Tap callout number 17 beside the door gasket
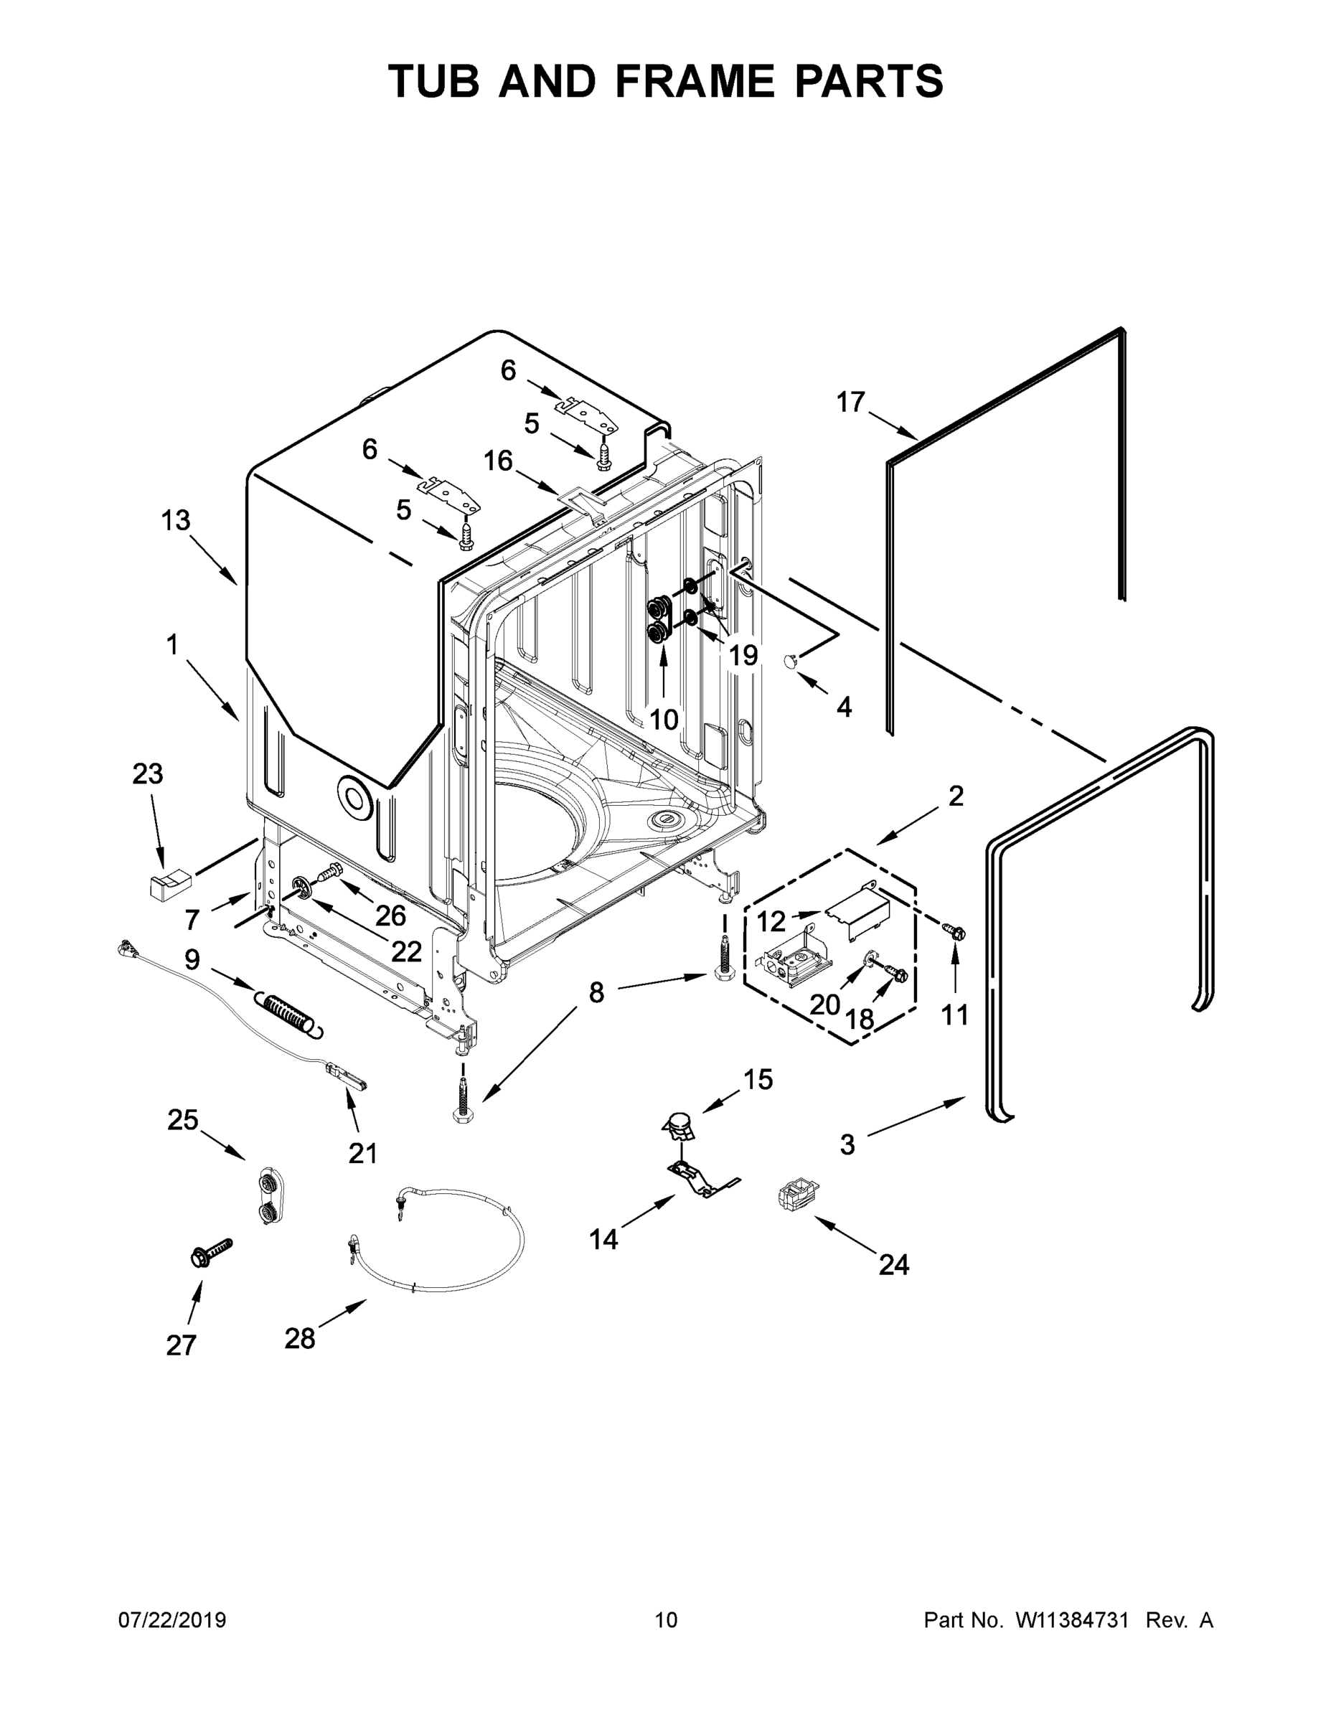(851, 403)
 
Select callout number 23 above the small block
(148, 774)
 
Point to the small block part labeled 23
(169, 883)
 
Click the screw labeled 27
(210, 1252)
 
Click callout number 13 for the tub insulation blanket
(176, 520)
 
